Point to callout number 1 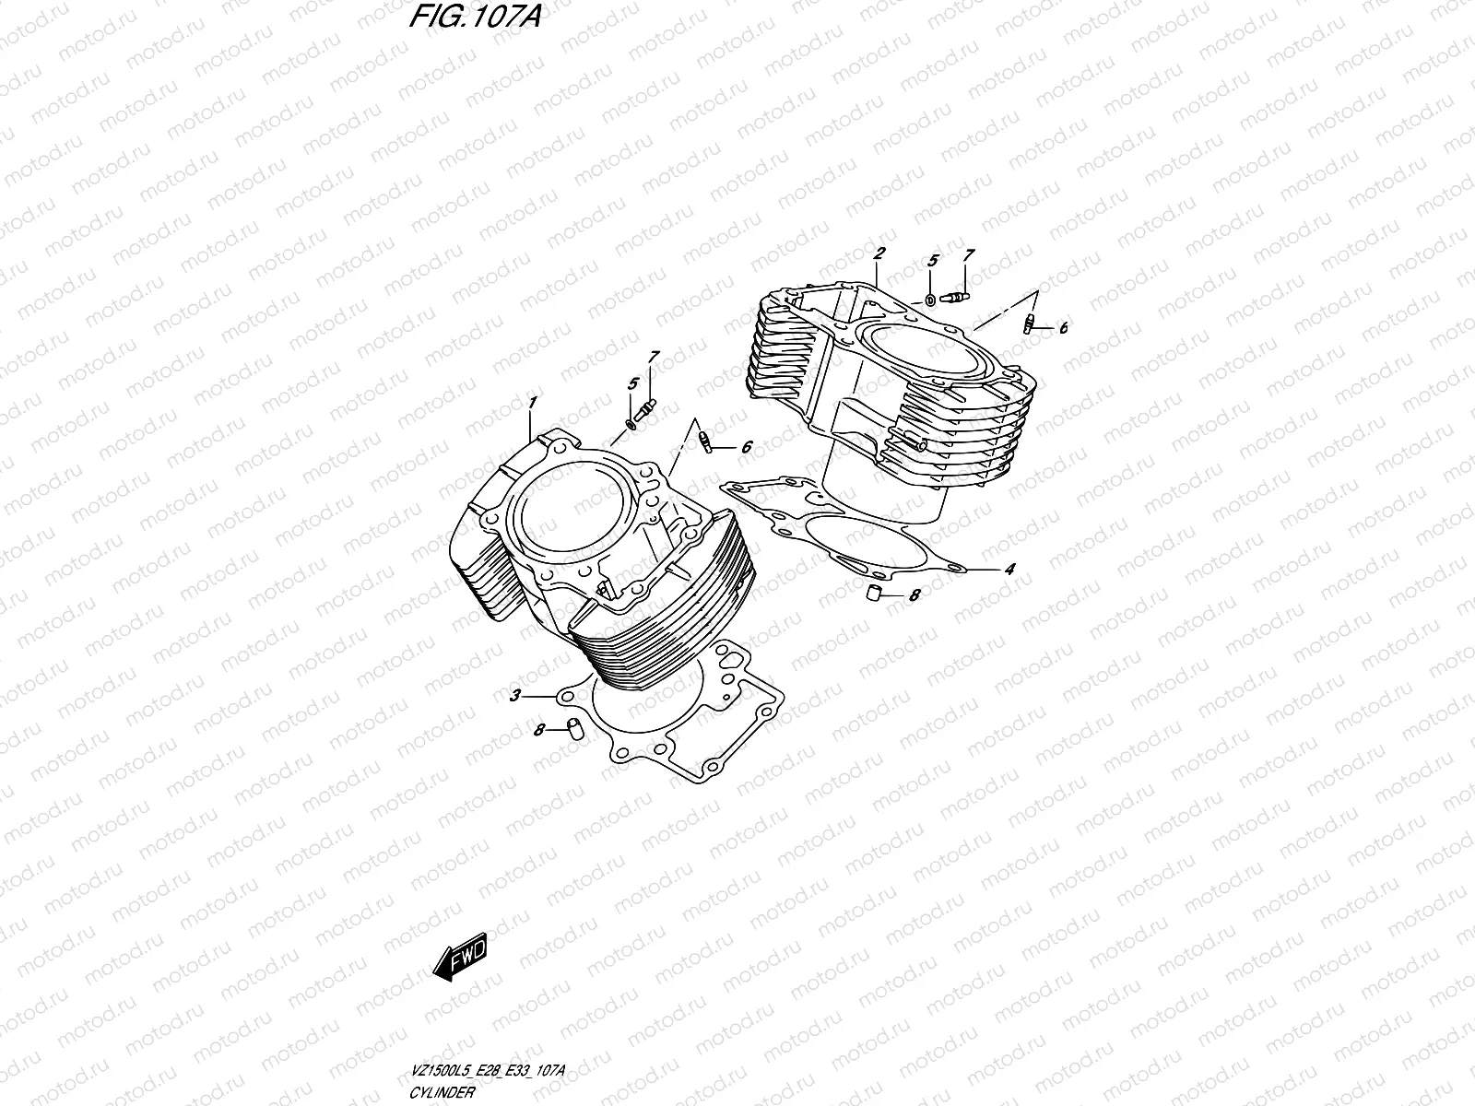coord(533,403)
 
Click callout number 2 coord(879,227)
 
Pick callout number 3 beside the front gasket coord(516,694)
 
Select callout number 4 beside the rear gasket coord(1009,570)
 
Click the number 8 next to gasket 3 coord(538,730)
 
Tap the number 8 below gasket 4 coord(914,595)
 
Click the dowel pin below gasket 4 coord(870,591)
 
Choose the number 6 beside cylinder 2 coord(1062,327)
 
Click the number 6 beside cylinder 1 coord(747,446)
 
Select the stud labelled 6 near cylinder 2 coord(1029,323)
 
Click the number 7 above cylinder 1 coord(654,356)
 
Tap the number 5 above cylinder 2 coord(932,261)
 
